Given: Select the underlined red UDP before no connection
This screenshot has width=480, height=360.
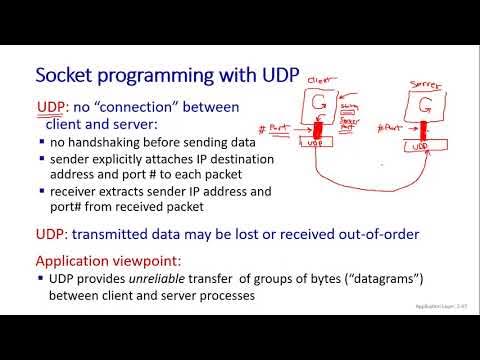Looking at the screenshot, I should [x=51, y=108].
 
